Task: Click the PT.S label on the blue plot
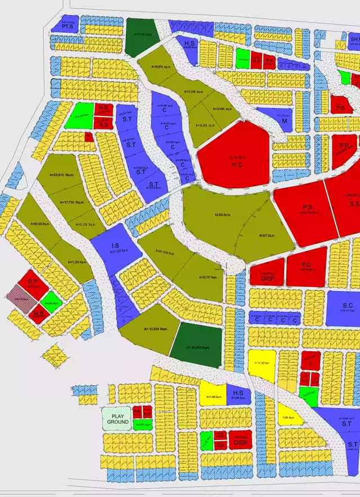point(69,26)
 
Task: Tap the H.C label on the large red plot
point(236,164)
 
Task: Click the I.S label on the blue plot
point(115,245)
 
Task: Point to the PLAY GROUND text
point(118,418)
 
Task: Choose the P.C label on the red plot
point(307,265)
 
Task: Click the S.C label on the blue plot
point(347,305)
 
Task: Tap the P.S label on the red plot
point(307,207)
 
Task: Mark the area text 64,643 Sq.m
point(224,214)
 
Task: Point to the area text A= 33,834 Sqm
point(156,328)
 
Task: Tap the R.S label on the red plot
point(103,125)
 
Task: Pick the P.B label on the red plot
point(340,108)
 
